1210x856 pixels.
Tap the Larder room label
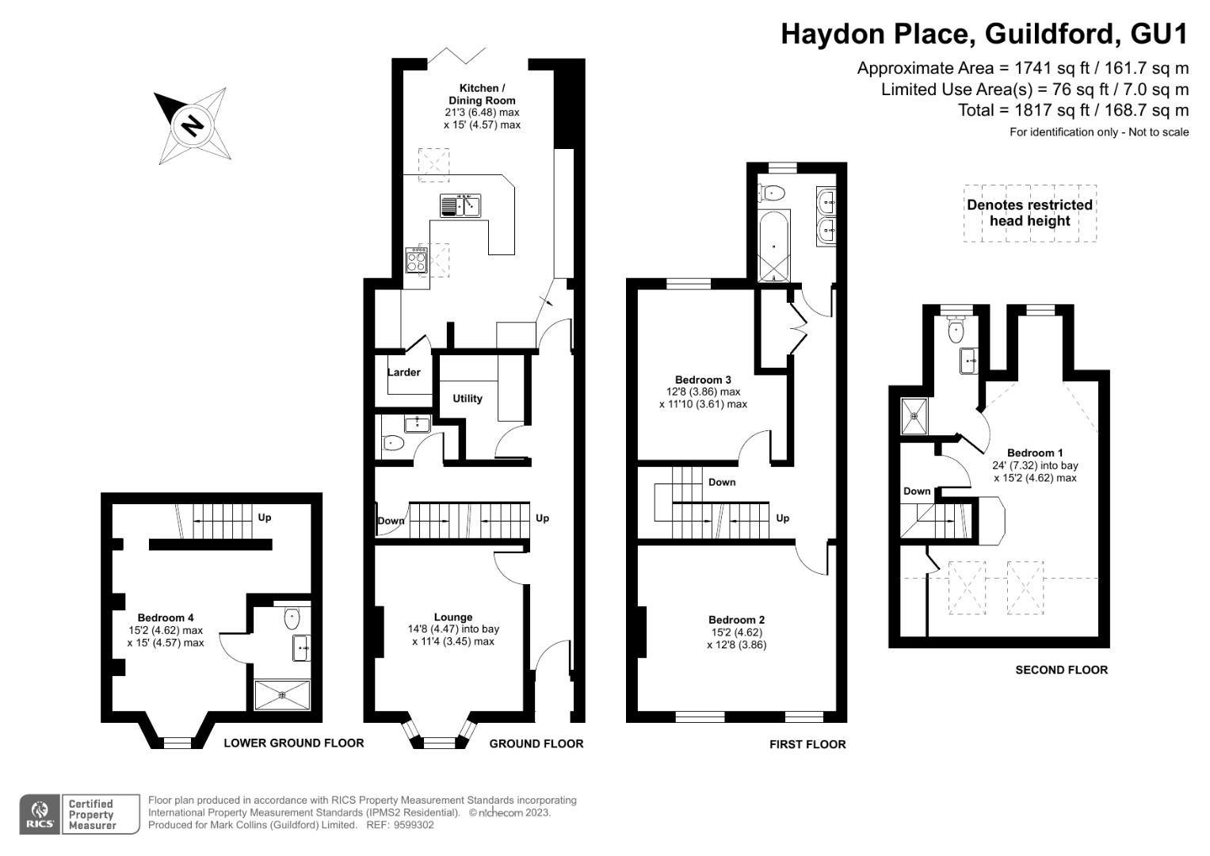click(404, 373)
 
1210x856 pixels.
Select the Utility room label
click(468, 399)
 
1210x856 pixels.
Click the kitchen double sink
click(461, 205)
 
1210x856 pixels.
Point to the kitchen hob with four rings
click(417, 261)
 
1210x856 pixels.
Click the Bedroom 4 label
click(166, 618)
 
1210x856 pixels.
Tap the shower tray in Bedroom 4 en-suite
click(282, 695)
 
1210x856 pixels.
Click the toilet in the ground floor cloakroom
click(392, 444)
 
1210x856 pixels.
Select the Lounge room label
click(453, 617)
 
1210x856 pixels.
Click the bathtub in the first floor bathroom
click(774, 246)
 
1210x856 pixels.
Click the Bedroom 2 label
click(736, 620)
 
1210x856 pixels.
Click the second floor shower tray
click(916, 416)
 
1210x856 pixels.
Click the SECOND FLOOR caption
click(1061, 670)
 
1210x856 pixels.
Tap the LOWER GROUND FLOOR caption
click(293, 743)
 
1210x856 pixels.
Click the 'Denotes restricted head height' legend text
click(1029, 212)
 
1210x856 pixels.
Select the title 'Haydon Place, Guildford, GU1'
click(984, 34)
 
